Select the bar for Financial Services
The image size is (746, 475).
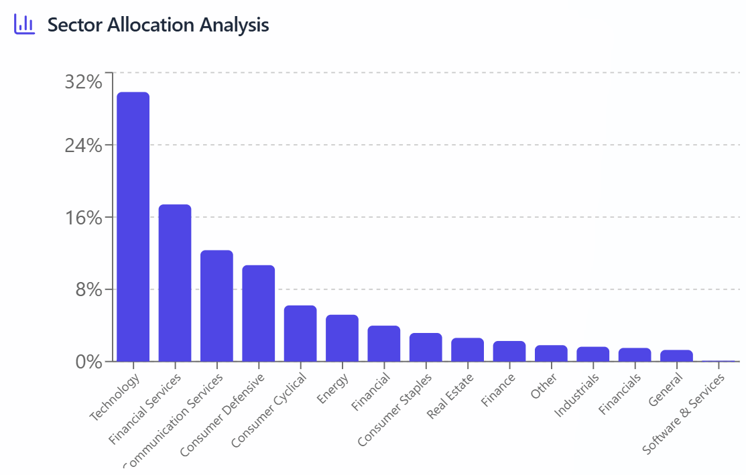pos(175,283)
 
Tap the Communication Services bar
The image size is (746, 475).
pos(216,306)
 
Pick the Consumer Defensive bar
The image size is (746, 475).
pos(259,313)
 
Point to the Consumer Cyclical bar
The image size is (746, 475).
pos(300,333)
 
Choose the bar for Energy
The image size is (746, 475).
pos(342,338)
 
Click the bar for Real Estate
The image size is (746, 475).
pos(467,349)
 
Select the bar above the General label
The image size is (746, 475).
pos(676,355)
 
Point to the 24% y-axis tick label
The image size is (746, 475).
pos(83,145)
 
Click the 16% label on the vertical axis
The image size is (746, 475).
pos(83,217)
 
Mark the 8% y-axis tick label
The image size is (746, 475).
pos(88,289)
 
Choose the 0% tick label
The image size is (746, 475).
pos(88,362)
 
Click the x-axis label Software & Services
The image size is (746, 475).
pos(684,413)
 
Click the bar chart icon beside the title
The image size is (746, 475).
pos(24,25)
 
